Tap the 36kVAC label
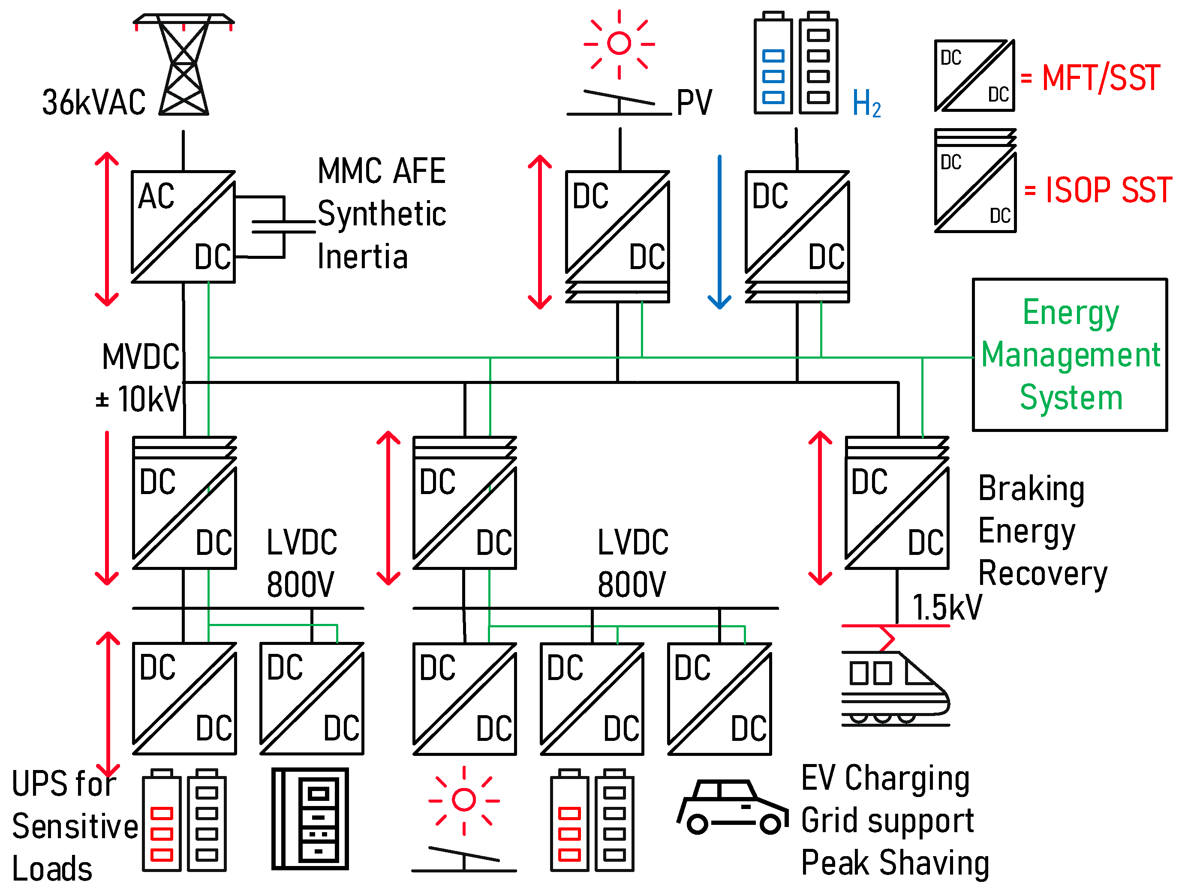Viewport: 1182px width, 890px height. pos(94,102)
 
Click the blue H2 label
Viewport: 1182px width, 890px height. pos(866,103)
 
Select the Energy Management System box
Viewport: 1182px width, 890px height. pos(1070,354)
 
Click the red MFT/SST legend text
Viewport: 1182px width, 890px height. pos(1101,78)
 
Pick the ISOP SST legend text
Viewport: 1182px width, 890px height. pos(1108,190)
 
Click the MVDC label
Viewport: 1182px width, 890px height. pos(141,357)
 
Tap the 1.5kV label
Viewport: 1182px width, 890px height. pos(946,607)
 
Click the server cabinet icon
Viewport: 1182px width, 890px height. pos(310,818)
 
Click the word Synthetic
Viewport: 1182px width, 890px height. pos(382,214)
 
